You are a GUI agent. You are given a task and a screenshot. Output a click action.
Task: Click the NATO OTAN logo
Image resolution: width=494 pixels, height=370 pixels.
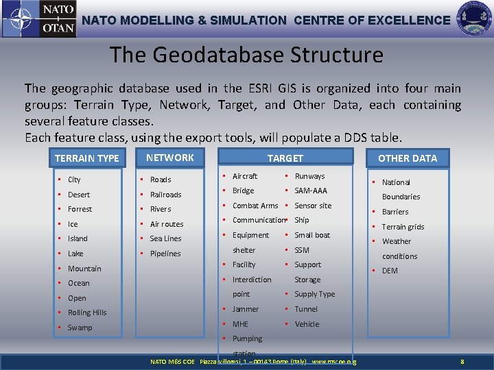point(38,19)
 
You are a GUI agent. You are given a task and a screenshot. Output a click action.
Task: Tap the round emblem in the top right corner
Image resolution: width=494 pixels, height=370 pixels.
point(473,18)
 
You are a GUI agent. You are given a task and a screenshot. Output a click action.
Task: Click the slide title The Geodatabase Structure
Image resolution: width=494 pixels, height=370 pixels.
point(247,54)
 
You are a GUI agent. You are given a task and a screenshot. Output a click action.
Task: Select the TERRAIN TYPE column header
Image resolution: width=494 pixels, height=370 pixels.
point(87,158)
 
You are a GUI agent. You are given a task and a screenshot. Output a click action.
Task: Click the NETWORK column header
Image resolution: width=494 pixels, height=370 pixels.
point(170,158)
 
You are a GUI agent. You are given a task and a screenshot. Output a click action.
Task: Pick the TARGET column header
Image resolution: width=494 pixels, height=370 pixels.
point(285,158)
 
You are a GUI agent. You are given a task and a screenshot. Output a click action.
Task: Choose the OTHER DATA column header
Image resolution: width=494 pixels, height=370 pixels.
point(408,158)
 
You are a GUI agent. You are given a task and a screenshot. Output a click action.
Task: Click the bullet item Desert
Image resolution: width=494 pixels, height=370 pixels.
point(79,195)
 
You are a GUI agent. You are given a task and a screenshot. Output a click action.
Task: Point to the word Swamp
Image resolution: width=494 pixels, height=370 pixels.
point(80,328)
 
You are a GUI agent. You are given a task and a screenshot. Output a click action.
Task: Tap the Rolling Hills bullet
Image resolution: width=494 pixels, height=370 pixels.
point(87,312)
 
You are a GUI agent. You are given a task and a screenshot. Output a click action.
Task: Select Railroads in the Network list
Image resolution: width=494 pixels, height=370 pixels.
point(165,195)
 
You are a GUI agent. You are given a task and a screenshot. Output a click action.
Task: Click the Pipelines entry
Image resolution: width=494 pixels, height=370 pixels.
point(165,254)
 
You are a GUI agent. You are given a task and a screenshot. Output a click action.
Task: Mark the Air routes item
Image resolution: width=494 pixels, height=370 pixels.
point(167,224)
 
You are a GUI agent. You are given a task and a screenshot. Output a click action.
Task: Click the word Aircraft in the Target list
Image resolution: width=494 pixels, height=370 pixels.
point(245,176)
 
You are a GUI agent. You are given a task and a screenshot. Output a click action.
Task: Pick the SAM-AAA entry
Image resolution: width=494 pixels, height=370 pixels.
point(311,190)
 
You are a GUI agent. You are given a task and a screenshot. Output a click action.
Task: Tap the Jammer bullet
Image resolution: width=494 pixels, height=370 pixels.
point(246,309)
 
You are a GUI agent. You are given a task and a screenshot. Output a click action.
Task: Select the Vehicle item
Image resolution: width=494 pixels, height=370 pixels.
point(307,324)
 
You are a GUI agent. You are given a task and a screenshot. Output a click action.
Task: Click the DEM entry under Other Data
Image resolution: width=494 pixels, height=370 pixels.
point(390,271)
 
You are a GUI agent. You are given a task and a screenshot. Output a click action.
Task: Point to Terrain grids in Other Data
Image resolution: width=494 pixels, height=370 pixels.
point(403,227)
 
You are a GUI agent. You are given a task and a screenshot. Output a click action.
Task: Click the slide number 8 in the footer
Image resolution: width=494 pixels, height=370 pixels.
point(462,361)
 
